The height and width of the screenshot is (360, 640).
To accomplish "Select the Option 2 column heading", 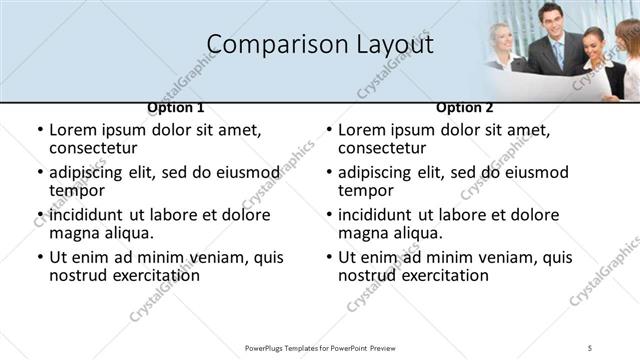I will (464, 107).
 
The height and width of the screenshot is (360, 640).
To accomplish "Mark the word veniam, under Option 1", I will (211, 257).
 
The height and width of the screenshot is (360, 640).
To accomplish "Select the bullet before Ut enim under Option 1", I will (39, 258).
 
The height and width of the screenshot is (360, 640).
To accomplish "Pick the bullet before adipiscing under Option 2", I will (328, 172).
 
